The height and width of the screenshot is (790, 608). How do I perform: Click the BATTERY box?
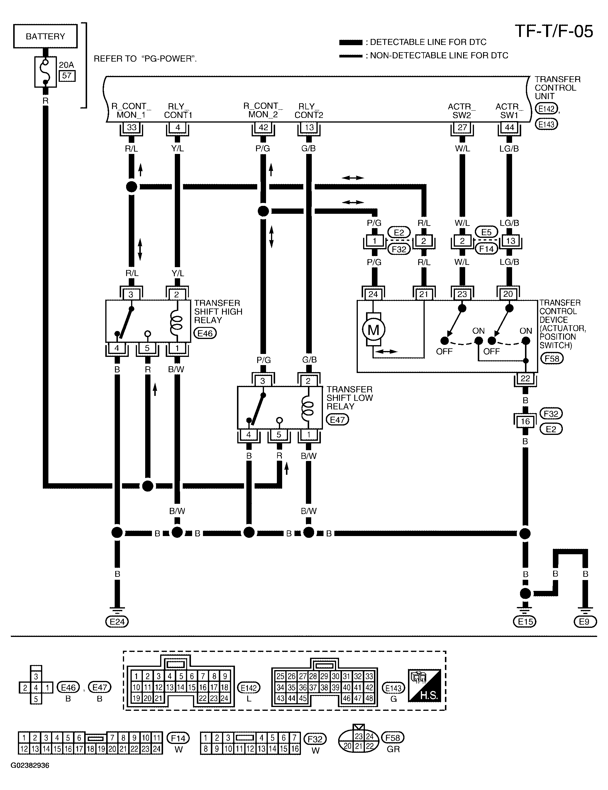45,36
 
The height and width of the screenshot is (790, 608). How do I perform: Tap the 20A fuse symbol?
45,72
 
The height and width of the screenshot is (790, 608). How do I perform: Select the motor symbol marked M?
373,330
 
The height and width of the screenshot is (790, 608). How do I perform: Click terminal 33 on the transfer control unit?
131,127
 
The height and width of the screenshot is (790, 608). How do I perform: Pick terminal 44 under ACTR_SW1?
509,127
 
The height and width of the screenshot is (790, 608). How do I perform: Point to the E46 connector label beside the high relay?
205,333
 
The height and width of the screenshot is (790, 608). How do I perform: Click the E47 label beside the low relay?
338,420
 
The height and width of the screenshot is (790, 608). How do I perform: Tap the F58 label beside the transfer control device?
552,358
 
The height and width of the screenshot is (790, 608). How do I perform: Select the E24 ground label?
117,622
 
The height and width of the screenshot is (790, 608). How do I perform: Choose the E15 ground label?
525,622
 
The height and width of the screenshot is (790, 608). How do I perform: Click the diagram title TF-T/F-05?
554,31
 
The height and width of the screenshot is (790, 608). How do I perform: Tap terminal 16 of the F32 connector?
525,421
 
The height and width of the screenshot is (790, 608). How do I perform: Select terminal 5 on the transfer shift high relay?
147,348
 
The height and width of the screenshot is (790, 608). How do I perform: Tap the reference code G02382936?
30,766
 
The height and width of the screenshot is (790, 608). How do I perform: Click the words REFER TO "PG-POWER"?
145,59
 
